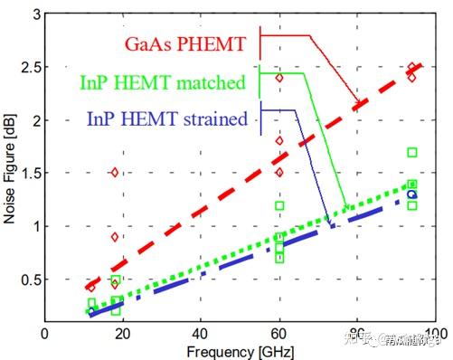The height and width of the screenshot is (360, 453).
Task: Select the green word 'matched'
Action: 213,83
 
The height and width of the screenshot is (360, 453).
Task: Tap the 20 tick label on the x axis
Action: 122,333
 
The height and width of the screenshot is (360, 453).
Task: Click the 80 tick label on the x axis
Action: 358,333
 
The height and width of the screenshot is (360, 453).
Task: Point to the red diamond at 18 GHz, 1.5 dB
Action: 115,172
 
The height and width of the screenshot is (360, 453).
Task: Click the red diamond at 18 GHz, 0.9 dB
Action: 115,236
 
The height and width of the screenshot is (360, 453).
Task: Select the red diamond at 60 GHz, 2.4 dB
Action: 279,78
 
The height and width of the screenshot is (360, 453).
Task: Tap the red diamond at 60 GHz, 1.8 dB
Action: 279,140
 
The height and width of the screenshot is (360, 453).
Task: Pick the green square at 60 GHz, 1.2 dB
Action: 279,205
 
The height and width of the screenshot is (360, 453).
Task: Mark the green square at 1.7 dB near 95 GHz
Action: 412,152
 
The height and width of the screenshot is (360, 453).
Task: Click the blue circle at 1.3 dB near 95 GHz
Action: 412,194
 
